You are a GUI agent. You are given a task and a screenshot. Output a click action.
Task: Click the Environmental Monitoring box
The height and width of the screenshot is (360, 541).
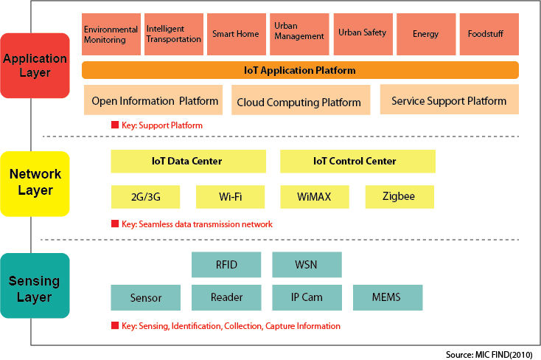111,33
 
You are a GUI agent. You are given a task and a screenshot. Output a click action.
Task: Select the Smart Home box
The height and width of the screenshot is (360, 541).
237,33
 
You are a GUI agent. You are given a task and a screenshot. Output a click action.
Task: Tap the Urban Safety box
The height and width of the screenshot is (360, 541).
362,33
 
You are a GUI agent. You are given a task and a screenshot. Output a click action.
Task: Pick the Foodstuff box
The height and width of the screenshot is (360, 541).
485,33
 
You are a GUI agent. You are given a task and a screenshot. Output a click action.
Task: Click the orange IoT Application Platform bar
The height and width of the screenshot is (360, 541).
300,71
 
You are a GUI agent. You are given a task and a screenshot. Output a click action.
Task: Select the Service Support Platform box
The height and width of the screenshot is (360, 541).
449,100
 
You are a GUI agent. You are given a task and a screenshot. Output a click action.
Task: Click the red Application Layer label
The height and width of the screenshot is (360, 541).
35,65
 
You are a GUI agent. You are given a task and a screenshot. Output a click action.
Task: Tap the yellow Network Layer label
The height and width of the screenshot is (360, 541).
35,183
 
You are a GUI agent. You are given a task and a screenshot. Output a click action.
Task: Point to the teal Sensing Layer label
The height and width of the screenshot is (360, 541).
35,289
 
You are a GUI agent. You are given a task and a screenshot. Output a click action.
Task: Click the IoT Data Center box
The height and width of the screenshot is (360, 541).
188,161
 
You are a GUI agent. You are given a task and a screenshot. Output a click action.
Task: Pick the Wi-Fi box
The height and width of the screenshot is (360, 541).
230,197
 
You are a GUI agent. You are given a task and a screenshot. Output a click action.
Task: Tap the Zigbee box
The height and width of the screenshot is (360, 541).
399,197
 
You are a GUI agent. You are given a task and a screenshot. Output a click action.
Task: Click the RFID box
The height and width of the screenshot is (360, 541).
226,264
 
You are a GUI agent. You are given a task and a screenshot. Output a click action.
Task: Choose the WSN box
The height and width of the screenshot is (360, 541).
307,264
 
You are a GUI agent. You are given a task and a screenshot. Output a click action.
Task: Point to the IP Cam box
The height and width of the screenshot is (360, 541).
307,297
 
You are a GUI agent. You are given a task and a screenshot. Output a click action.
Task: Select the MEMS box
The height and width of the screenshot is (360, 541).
387,297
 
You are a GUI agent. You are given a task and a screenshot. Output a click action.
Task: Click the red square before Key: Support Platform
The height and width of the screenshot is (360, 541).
114,125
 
